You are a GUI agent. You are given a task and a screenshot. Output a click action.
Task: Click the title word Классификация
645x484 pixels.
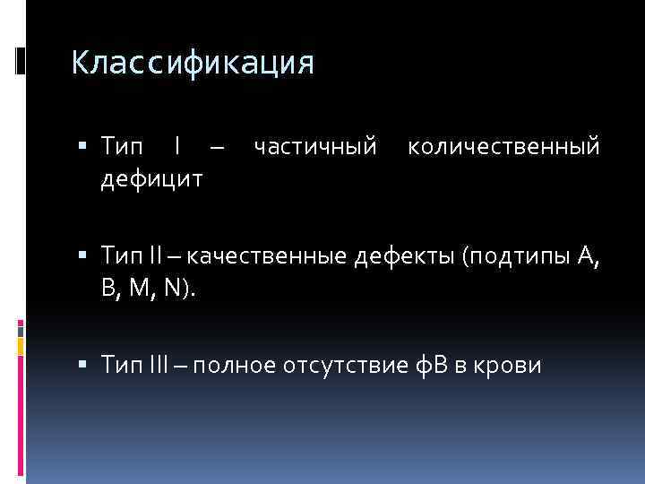(x=193, y=63)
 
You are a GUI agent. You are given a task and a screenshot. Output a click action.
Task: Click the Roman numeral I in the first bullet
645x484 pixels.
(x=179, y=146)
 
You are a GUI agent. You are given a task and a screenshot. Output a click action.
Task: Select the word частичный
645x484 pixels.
(x=315, y=146)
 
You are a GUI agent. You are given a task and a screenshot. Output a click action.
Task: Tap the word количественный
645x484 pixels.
(x=503, y=146)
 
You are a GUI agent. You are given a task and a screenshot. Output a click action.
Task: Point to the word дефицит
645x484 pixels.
(x=151, y=179)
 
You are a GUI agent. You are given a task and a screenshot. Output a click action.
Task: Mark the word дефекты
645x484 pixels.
(x=407, y=258)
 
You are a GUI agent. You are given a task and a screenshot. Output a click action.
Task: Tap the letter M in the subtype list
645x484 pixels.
(x=152, y=290)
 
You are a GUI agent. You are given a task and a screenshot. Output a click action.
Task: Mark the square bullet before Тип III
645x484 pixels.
(x=82, y=366)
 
